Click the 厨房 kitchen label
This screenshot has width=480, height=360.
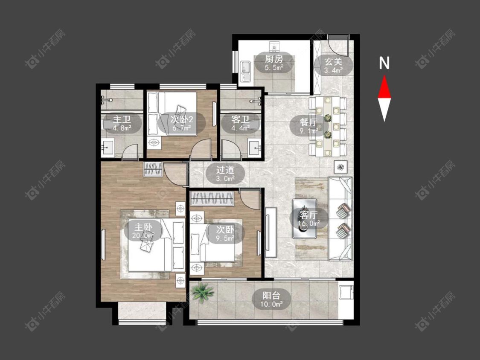coord(274,59)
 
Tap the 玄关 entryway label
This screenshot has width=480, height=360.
coord(333,62)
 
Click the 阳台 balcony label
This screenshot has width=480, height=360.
coord(271,296)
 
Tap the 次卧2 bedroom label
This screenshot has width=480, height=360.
coord(182,119)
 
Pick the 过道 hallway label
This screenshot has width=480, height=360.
coord(226,170)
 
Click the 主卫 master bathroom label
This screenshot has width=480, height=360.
coord(122,119)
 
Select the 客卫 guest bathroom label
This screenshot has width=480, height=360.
coord(240,119)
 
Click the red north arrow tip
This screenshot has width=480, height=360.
coord(384,76)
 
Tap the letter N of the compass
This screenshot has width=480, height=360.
coord(384,63)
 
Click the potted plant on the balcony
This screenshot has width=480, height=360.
coord(202,292)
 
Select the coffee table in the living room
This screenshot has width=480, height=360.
coord(304,218)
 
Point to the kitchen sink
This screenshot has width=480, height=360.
coord(246,68)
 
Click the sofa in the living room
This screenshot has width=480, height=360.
coord(340,218)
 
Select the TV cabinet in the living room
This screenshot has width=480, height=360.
coord(271,232)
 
